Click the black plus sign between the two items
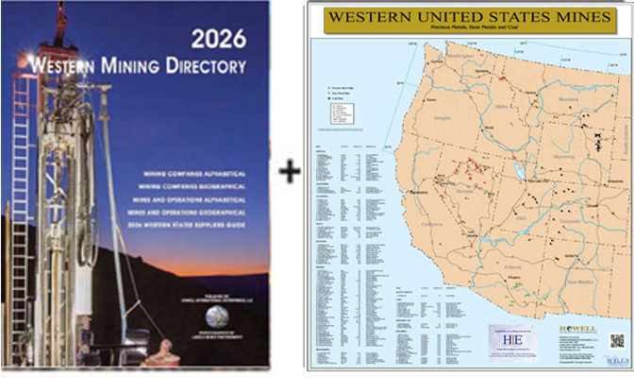click(x=290, y=171)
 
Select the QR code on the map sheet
click(x=618, y=341)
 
